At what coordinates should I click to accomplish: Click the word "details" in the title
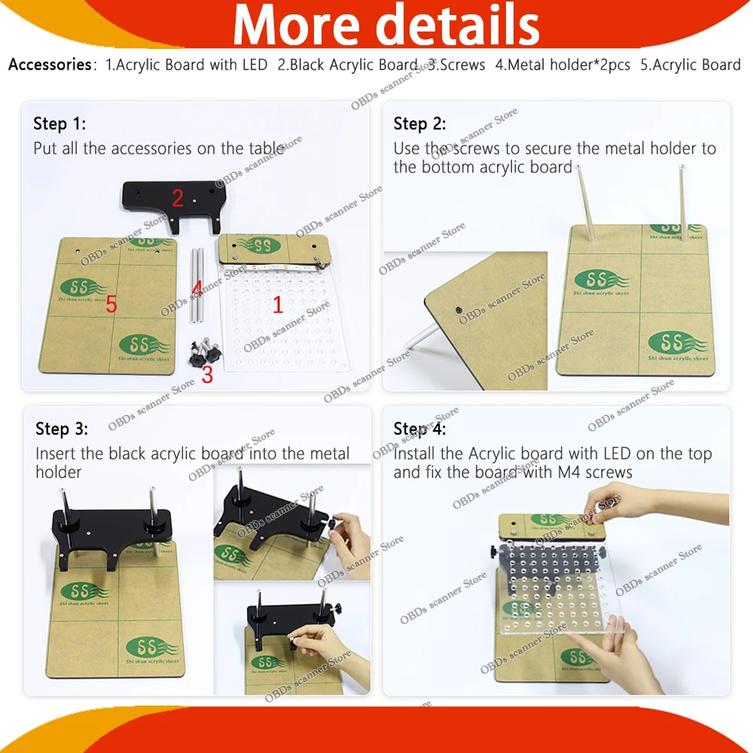(458, 24)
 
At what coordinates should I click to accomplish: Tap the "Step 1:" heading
(59, 124)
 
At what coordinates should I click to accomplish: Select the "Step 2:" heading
(419, 124)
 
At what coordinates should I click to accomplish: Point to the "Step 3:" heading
(62, 429)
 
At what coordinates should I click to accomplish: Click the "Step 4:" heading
(419, 429)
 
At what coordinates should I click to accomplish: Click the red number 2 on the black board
(178, 198)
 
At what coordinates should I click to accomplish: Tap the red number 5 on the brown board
(111, 303)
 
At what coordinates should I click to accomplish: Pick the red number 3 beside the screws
(208, 374)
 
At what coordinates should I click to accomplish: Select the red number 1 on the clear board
(278, 304)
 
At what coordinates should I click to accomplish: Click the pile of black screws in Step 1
(206, 351)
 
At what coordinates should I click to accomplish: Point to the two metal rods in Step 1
(197, 285)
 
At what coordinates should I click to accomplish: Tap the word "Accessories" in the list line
(50, 64)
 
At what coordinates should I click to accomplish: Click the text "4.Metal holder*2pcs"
(562, 64)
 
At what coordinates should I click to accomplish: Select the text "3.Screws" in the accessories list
(457, 64)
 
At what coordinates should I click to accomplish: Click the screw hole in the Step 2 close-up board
(459, 310)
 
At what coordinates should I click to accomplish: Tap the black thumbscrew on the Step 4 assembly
(495, 552)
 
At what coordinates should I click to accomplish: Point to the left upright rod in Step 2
(585, 203)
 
